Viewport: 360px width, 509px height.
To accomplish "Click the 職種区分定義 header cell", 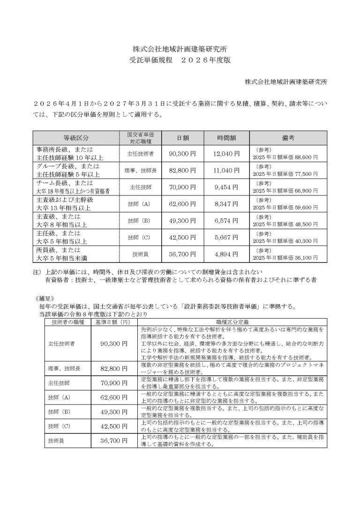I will coord(232,322).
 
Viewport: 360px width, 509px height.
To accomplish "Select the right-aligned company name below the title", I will coord(286,82).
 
